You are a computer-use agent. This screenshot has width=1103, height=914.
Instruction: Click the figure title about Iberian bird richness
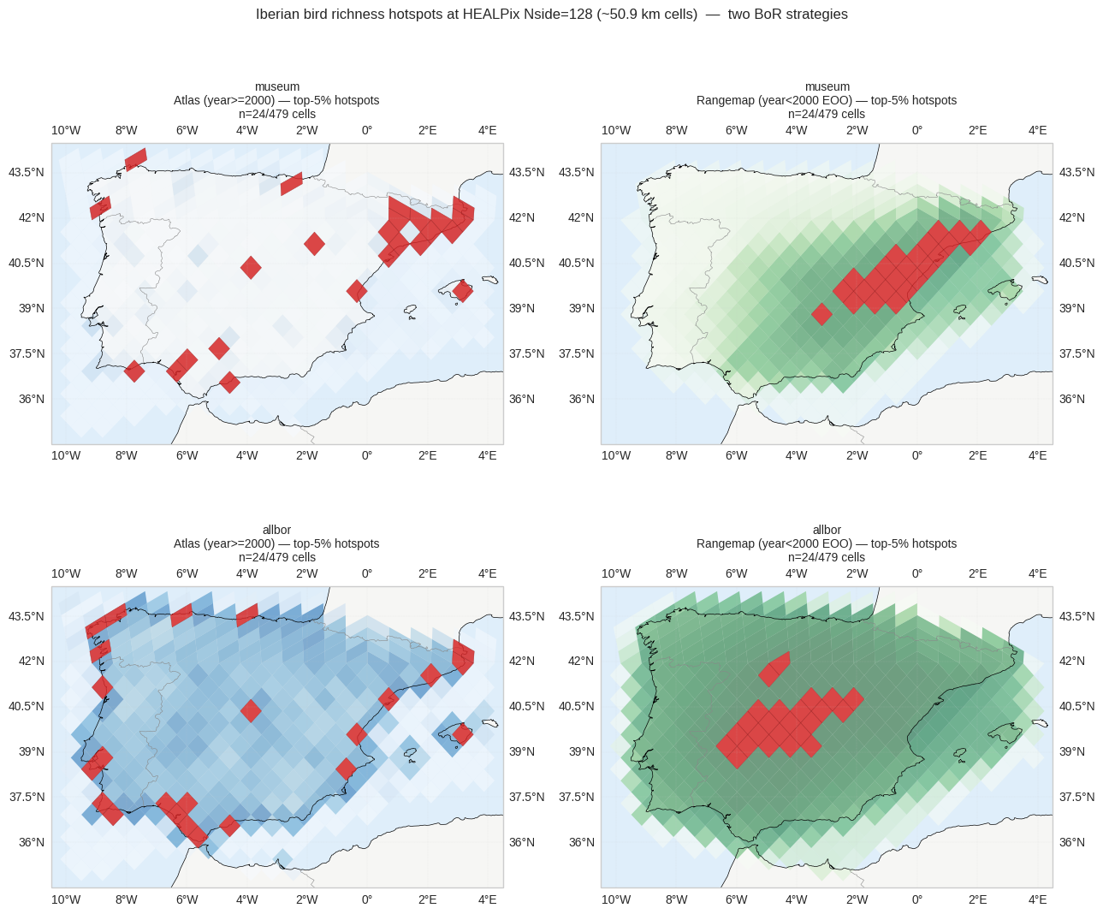click(551, 15)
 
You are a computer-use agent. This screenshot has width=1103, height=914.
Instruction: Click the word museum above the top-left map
click(276, 86)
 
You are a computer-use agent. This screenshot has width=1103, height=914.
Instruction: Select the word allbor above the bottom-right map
click(827, 530)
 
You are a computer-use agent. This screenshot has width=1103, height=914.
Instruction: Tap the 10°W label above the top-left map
click(66, 130)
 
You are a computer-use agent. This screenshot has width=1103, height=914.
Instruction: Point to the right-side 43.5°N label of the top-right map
click(1076, 172)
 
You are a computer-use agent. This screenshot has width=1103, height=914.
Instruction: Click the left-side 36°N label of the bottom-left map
click(32, 842)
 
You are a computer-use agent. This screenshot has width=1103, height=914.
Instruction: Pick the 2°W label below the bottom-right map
click(857, 899)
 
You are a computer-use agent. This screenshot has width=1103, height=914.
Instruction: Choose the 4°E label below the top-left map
click(488, 455)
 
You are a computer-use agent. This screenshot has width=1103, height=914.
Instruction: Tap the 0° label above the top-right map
click(917, 130)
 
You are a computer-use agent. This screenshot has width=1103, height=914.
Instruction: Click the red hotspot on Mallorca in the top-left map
click(463, 291)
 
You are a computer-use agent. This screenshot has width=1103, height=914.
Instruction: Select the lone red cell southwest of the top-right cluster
click(822, 314)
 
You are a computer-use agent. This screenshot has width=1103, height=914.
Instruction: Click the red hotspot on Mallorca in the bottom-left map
click(463, 734)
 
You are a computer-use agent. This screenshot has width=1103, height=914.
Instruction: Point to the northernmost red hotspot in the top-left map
click(136, 159)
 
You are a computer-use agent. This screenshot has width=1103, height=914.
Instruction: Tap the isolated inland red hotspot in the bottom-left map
click(251, 710)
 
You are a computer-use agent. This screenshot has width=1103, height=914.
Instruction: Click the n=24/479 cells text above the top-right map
click(827, 114)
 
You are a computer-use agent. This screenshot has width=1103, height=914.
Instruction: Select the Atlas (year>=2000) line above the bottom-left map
click(276, 543)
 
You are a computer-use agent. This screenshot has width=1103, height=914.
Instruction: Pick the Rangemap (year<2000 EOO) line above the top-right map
click(827, 100)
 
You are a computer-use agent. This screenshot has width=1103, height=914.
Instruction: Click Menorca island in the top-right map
click(1041, 280)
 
